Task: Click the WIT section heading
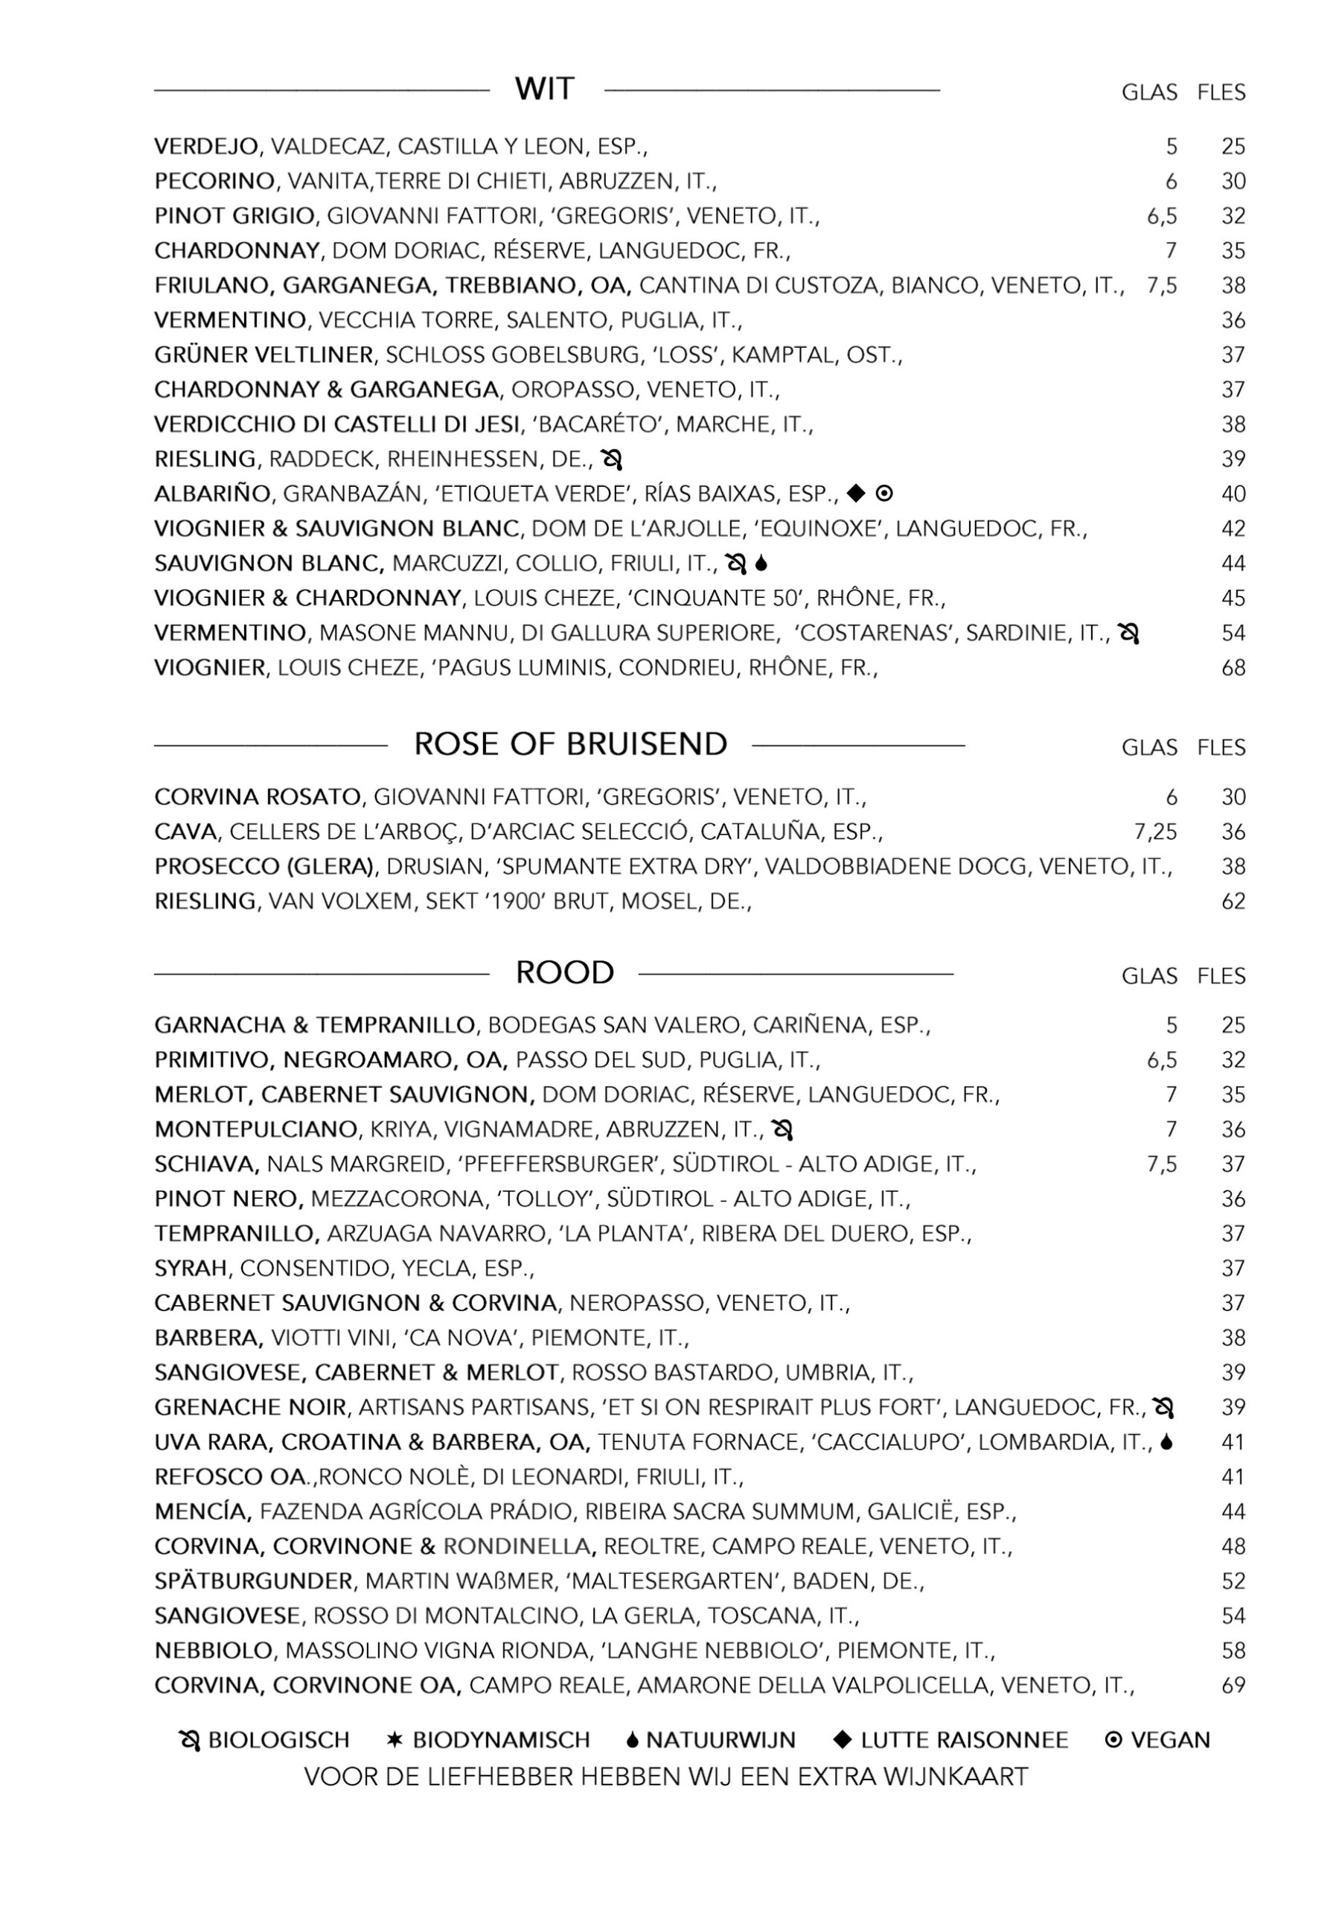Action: (x=544, y=88)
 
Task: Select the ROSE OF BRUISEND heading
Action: (x=570, y=744)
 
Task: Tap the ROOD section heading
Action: (x=564, y=972)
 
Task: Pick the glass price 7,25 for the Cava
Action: (x=1154, y=832)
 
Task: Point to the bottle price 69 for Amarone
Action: (x=1233, y=1685)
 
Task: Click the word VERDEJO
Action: (x=206, y=147)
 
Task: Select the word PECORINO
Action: (x=214, y=181)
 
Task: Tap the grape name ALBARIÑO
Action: (x=211, y=494)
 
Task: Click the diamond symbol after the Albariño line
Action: (x=856, y=493)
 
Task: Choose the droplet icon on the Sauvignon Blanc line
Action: (x=762, y=564)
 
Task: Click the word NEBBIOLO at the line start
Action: (x=214, y=1651)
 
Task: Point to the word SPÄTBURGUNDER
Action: (x=253, y=1581)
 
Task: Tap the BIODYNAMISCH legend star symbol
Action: (x=395, y=1739)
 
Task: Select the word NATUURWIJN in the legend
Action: (x=720, y=1740)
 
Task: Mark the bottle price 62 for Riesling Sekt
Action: (x=1233, y=901)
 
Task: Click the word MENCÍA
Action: (x=202, y=1511)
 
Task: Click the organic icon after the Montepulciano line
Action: (x=782, y=1129)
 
